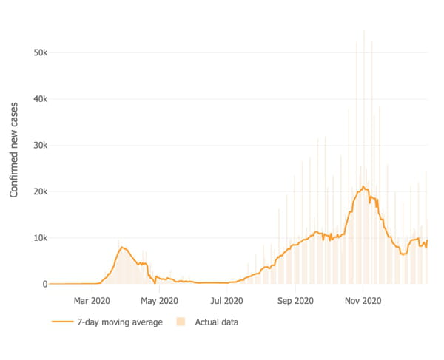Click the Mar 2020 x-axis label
(92, 301)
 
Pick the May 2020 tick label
(159, 301)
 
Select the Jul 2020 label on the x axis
(226, 301)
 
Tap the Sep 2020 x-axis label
(294, 301)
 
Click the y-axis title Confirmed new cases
(14, 149)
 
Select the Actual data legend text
(216, 322)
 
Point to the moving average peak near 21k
(363, 186)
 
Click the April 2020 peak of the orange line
(122, 247)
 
